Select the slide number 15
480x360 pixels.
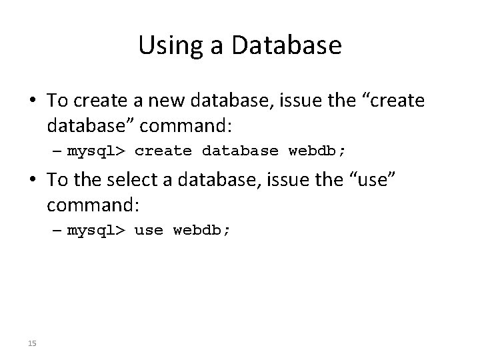(31, 343)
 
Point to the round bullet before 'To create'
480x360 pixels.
(33, 101)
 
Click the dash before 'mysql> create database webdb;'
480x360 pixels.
(57, 151)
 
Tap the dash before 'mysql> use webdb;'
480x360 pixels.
(57, 231)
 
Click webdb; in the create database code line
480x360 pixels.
(317, 151)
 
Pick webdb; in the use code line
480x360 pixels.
(201, 231)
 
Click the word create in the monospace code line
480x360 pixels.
(163, 151)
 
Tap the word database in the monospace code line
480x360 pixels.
(240, 151)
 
